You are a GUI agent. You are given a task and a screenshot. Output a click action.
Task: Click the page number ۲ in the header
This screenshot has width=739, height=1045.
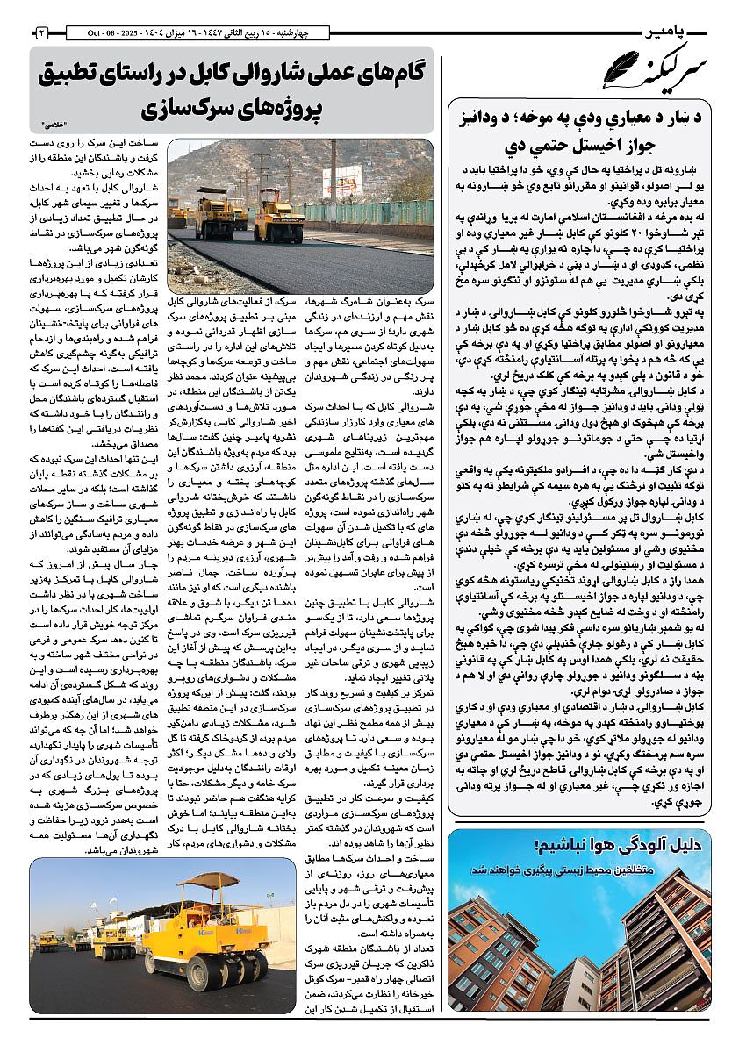tap(41, 32)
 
